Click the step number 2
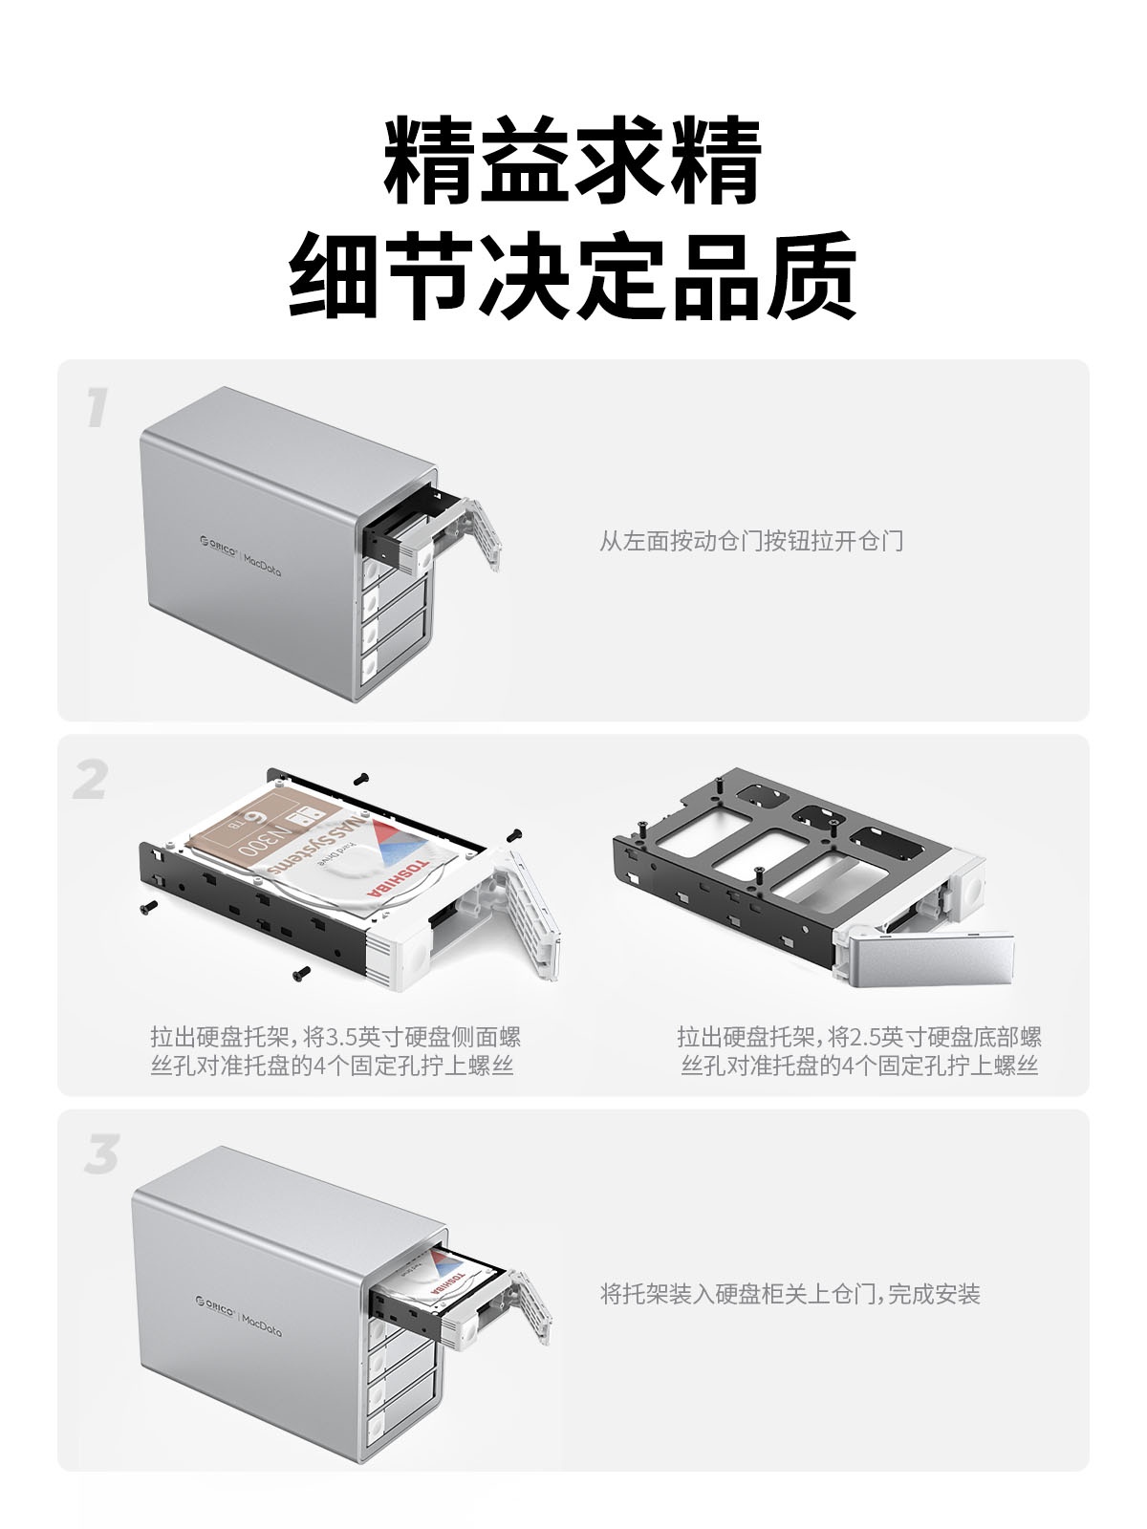pyautogui.click(x=91, y=780)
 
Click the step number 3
pyautogui.click(x=101, y=1153)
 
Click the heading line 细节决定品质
pyautogui.click(x=573, y=275)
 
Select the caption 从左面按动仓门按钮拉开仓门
pyautogui.click(x=751, y=541)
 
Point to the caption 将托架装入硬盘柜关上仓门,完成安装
pyautogui.click(x=790, y=1294)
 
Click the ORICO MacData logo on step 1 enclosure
pyautogui.click(x=240, y=554)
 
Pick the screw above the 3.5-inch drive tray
pyautogui.click(x=360, y=780)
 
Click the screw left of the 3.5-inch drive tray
pyautogui.click(x=149, y=906)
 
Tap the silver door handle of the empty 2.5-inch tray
pyautogui.click(x=930, y=954)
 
